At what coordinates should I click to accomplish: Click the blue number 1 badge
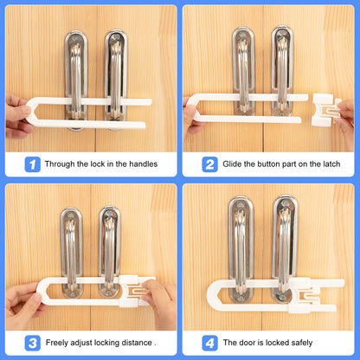[30, 164]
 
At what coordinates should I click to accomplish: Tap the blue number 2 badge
[209, 164]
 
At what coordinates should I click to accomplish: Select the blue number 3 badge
[30, 342]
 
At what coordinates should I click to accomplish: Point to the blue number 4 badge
[209, 342]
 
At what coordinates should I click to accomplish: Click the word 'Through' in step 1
[62, 164]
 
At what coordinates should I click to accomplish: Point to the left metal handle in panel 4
[241, 251]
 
